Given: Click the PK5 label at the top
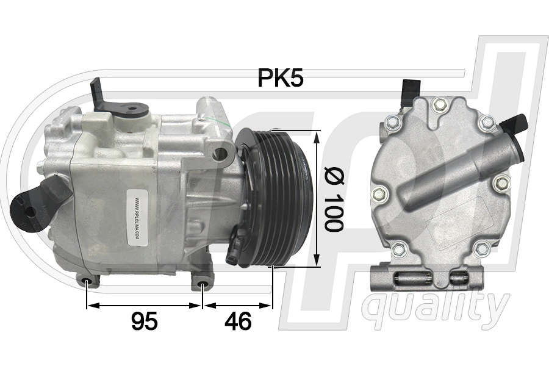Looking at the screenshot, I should point(280,78).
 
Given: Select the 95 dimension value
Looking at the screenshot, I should point(144,321).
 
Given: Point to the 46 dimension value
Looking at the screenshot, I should point(238,321).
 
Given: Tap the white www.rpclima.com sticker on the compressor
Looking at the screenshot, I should point(135,220).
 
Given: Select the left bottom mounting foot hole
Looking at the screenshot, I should point(88,282).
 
